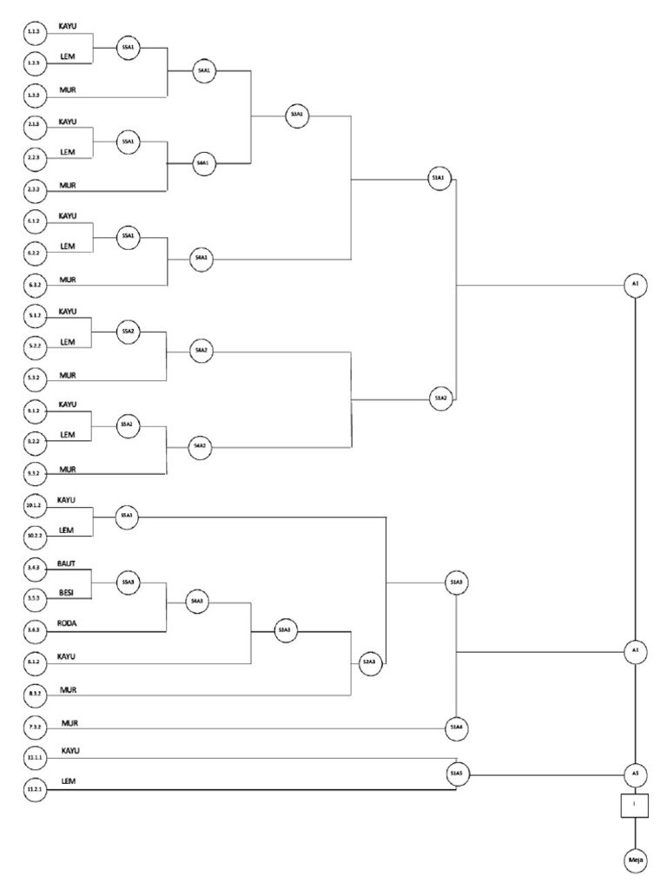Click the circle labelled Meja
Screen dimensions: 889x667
(x=635, y=860)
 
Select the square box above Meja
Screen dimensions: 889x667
(x=635, y=805)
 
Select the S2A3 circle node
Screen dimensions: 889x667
(x=368, y=662)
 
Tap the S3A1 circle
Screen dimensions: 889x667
(x=298, y=114)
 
